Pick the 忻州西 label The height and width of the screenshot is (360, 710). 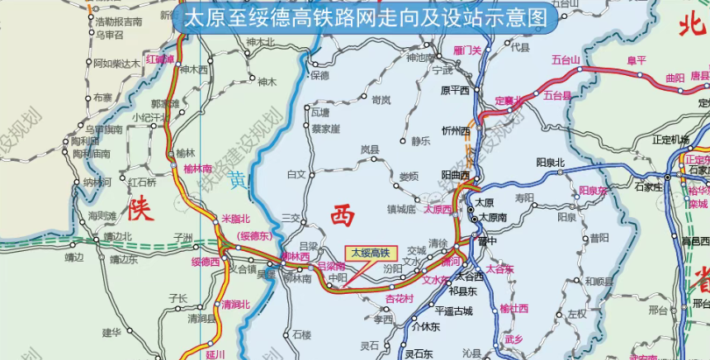coord(455,130)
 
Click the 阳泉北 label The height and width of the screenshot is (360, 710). coord(550,162)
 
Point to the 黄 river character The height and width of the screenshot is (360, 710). coord(238,181)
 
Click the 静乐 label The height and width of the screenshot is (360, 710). coord(421,141)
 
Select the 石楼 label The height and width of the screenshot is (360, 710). coord(302,334)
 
